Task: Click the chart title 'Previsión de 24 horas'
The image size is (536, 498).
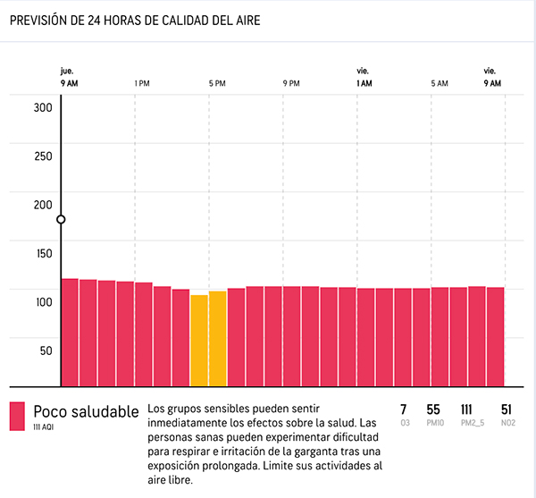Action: [134, 20]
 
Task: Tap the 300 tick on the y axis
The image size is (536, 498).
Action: [44, 108]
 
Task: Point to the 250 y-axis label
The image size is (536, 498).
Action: [44, 156]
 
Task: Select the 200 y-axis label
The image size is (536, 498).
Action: [44, 205]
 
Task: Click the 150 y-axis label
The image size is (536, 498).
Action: [44, 254]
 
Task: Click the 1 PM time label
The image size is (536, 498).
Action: [141, 83]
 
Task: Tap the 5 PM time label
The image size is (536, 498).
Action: [216, 83]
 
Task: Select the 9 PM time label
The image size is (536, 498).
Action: [291, 83]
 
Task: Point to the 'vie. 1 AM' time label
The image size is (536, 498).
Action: [364, 77]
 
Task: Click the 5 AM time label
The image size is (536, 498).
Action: [439, 83]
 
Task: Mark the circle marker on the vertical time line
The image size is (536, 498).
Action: [61, 219]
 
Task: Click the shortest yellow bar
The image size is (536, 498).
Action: [199, 341]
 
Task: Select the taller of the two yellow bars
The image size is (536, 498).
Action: [217, 339]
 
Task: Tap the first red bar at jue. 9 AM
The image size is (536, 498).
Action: [70, 333]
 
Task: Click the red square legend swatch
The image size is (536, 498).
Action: [17, 417]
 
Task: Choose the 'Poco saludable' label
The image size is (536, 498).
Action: [86, 411]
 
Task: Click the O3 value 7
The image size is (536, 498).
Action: [404, 409]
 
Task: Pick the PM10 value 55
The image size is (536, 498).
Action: [433, 409]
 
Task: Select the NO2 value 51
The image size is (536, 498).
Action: [507, 409]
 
